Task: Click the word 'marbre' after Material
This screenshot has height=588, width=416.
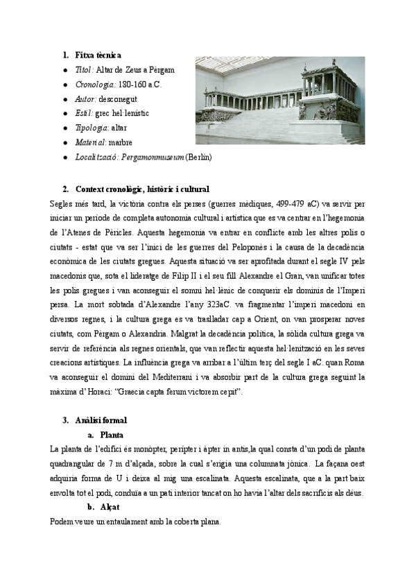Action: [123, 142]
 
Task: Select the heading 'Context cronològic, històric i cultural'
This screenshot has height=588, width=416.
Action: [142, 189]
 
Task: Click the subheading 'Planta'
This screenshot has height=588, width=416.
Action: [112, 435]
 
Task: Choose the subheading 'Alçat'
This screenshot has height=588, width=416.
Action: [110, 507]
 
